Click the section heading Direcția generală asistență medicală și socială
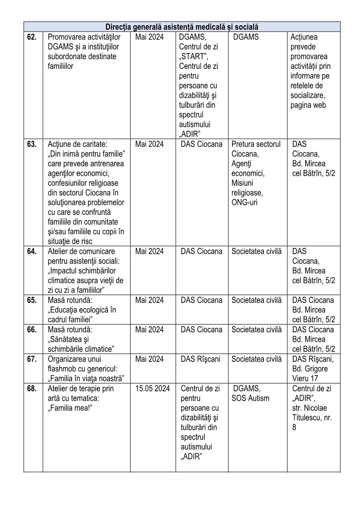(x=182, y=27)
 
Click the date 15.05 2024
(x=152, y=388)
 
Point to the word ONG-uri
(x=244, y=203)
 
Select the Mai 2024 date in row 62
(x=150, y=37)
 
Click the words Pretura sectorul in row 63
(x=256, y=144)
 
